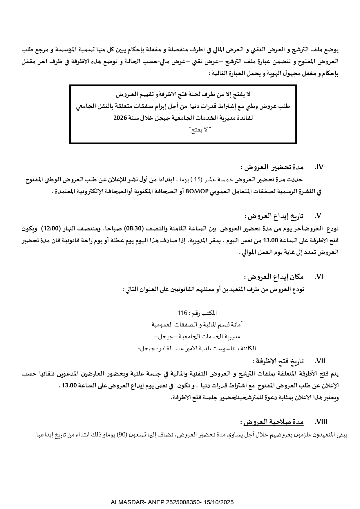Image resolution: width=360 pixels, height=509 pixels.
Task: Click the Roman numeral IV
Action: click(x=319, y=167)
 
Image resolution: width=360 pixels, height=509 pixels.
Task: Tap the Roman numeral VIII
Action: click(x=321, y=422)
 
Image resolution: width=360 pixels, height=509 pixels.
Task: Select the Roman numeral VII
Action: click(x=320, y=361)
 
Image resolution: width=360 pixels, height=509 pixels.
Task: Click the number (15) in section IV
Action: click(x=197, y=180)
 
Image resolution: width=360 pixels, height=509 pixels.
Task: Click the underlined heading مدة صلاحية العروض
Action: click(x=273, y=422)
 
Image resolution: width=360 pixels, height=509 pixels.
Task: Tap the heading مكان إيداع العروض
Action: click(x=274, y=277)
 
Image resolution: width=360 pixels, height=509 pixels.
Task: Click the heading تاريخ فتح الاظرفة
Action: click(x=278, y=361)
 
